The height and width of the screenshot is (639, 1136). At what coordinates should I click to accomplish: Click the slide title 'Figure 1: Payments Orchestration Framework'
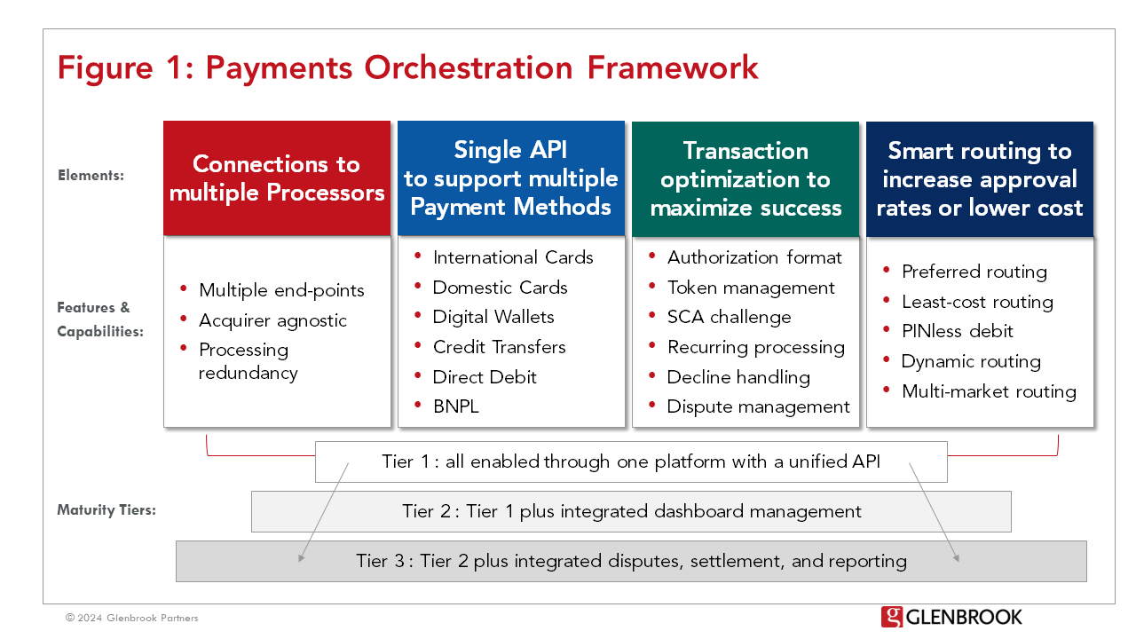pos(407,68)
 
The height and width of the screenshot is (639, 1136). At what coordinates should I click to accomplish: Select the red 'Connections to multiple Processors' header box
pos(277,178)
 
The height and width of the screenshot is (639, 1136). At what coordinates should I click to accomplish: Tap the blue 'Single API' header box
pos(510,178)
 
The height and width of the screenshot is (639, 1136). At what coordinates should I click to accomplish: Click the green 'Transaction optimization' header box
pos(745,178)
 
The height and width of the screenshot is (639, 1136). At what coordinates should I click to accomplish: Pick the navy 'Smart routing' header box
pos(980,178)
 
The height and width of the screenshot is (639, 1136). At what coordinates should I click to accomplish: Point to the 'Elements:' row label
pos(91,176)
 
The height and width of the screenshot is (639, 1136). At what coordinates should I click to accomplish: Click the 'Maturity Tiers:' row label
pos(106,510)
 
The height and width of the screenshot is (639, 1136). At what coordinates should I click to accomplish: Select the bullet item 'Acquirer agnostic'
pos(272,320)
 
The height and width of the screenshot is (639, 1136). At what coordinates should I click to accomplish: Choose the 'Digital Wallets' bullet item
pos(493,317)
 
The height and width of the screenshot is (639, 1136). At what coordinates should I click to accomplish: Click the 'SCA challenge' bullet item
pos(729,317)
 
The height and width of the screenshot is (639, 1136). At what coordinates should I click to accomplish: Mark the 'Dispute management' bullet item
pos(758,406)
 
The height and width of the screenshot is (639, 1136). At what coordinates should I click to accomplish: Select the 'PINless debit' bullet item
pos(957,331)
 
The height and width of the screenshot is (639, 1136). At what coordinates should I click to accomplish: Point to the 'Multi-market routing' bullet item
pos(989,391)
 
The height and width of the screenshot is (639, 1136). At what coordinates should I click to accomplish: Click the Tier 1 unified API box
pos(631,461)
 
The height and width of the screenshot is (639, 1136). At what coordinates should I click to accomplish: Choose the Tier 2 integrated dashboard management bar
pos(631,511)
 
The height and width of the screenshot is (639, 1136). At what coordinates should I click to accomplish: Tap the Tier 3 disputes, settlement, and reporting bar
pos(631,561)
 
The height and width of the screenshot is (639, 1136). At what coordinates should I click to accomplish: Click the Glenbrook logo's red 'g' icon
pos(891,617)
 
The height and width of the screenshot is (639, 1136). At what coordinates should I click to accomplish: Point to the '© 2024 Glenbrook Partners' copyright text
pos(131,618)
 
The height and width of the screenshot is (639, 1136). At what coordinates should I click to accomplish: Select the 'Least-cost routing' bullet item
pos(977,302)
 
